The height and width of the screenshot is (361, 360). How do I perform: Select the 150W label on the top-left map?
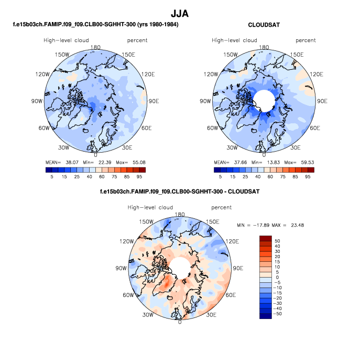(x=62, y=55)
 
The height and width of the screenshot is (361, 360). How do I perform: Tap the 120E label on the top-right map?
(x=312, y=75)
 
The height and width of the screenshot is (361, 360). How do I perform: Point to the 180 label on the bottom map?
(x=179, y=215)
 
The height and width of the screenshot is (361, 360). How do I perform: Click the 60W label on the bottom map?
(x=128, y=295)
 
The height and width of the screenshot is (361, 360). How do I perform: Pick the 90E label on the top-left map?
(x=154, y=101)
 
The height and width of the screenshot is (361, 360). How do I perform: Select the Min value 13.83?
(x=273, y=162)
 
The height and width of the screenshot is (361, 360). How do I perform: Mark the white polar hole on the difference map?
(x=179, y=267)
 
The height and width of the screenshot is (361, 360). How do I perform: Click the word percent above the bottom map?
(x=222, y=208)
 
